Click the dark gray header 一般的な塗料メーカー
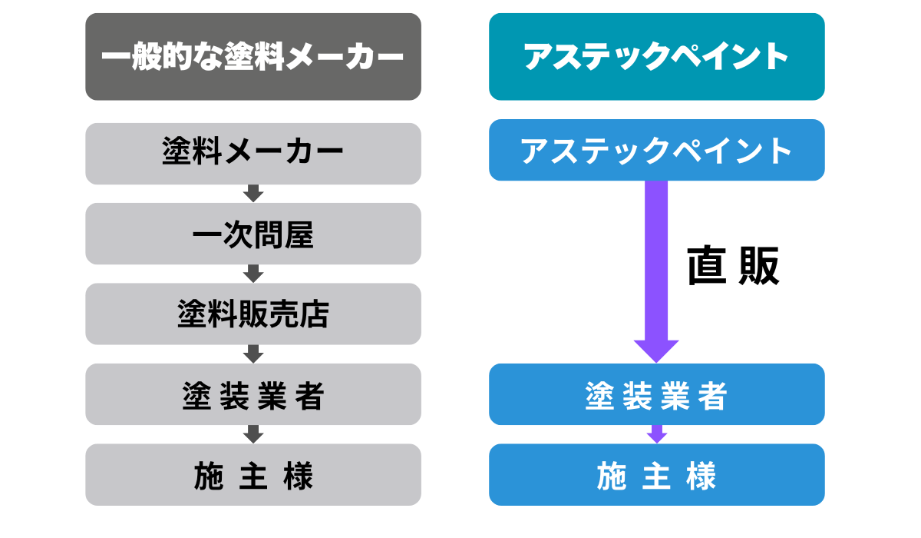coord(253,57)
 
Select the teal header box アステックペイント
coord(656,57)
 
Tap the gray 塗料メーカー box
coord(253,153)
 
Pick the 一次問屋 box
coord(253,234)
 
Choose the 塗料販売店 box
coord(253,314)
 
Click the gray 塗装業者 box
coord(253,394)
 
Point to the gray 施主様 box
coord(253,475)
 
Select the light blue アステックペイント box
coord(656,150)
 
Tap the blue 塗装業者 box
coord(656,394)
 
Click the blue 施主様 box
coord(656,475)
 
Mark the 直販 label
coord(733,266)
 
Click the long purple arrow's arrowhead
coord(656,350)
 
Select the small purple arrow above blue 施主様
coord(656,434)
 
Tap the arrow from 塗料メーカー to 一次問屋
coord(253,194)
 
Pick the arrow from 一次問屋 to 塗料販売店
coord(253,274)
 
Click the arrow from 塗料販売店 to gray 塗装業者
coord(253,354)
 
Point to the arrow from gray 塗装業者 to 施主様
coord(253,434)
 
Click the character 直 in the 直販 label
coord(707,266)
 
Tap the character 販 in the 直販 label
coord(758,266)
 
